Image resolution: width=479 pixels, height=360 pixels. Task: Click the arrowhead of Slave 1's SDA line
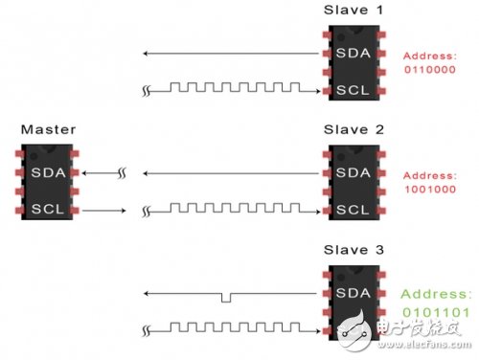click(x=142, y=53)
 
